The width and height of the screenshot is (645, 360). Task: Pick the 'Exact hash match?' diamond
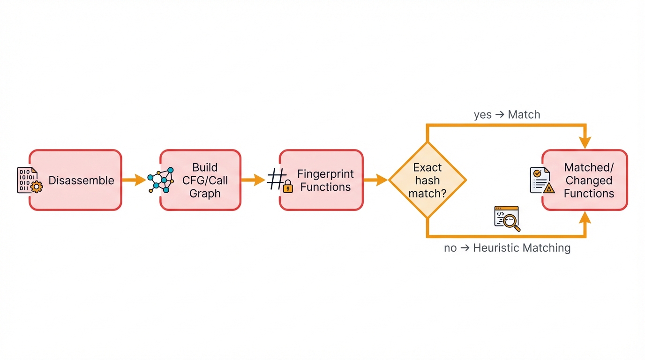[x=427, y=180]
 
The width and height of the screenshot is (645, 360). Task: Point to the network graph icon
[x=161, y=180]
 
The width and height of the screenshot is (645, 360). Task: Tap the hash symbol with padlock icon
[x=280, y=180]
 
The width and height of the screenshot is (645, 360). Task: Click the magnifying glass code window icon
[x=507, y=218]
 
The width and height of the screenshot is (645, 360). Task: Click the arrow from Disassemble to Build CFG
[x=134, y=180]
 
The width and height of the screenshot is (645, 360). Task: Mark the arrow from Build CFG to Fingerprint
[x=253, y=180]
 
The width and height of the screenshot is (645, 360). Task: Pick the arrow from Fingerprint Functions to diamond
[x=375, y=180]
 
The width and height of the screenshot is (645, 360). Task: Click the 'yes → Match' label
[x=507, y=114]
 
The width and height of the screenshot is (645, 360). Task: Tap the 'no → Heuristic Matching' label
[x=507, y=248]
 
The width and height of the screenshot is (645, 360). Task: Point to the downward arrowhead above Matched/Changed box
[x=585, y=142]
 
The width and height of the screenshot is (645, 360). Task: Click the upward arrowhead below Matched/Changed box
[x=585, y=218]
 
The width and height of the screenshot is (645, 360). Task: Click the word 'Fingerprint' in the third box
[x=325, y=174]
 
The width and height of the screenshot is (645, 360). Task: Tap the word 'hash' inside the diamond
[x=427, y=180]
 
